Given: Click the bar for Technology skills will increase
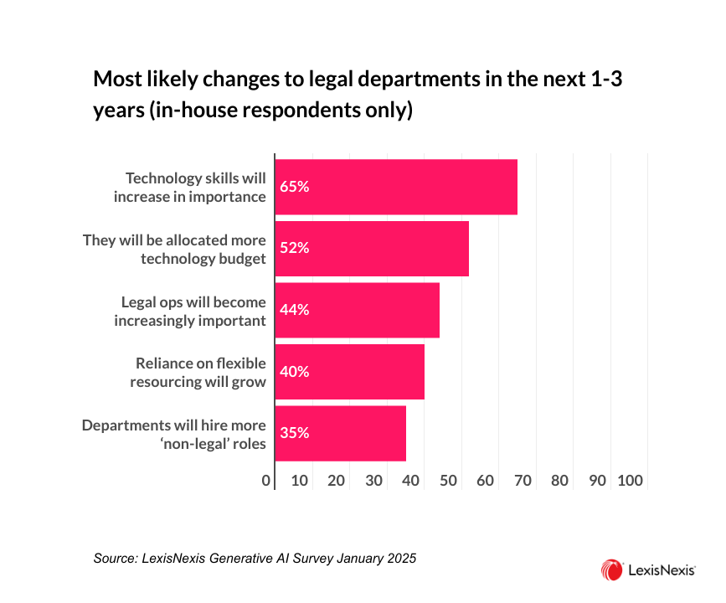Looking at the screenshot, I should (x=396, y=187).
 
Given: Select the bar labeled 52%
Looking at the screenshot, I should (x=372, y=248).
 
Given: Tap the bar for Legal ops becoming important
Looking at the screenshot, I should (x=358, y=310).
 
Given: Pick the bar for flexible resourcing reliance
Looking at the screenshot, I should (x=350, y=372).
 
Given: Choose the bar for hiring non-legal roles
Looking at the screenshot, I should (x=341, y=433).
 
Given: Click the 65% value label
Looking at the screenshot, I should (x=295, y=187).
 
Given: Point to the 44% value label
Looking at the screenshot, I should (x=295, y=310).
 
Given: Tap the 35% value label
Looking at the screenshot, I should (x=295, y=433).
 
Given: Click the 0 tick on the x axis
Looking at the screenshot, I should (x=266, y=481).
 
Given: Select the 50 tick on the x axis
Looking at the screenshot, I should (x=449, y=481).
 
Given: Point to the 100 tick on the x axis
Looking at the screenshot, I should (x=629, y=481).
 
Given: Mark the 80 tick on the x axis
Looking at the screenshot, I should (x=560, y=481).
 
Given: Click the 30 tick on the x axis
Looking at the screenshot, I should (x=374, y=481).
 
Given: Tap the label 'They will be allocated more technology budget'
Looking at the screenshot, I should (x=174, y=249).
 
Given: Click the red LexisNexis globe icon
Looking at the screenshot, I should (x=610, y=570).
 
